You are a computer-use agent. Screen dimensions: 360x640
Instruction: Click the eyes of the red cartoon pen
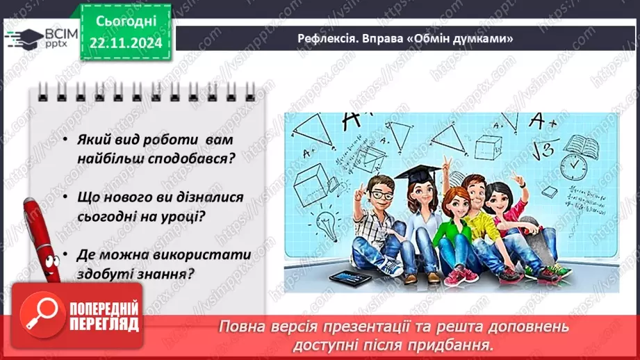pos(42,261)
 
